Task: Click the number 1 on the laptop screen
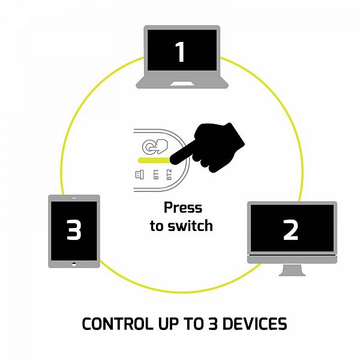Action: tap(180, 53)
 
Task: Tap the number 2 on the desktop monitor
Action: tap(291, 229)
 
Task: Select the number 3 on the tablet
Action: tap(74, 230)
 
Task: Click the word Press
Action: tap(183, 209)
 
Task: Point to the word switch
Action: tap(191, 226)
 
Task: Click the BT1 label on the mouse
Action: tap(156, 175)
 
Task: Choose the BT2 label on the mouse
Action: tap(169, 175)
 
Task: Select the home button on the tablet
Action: tap(74, 263)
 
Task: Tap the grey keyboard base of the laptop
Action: tap(182, 83)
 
